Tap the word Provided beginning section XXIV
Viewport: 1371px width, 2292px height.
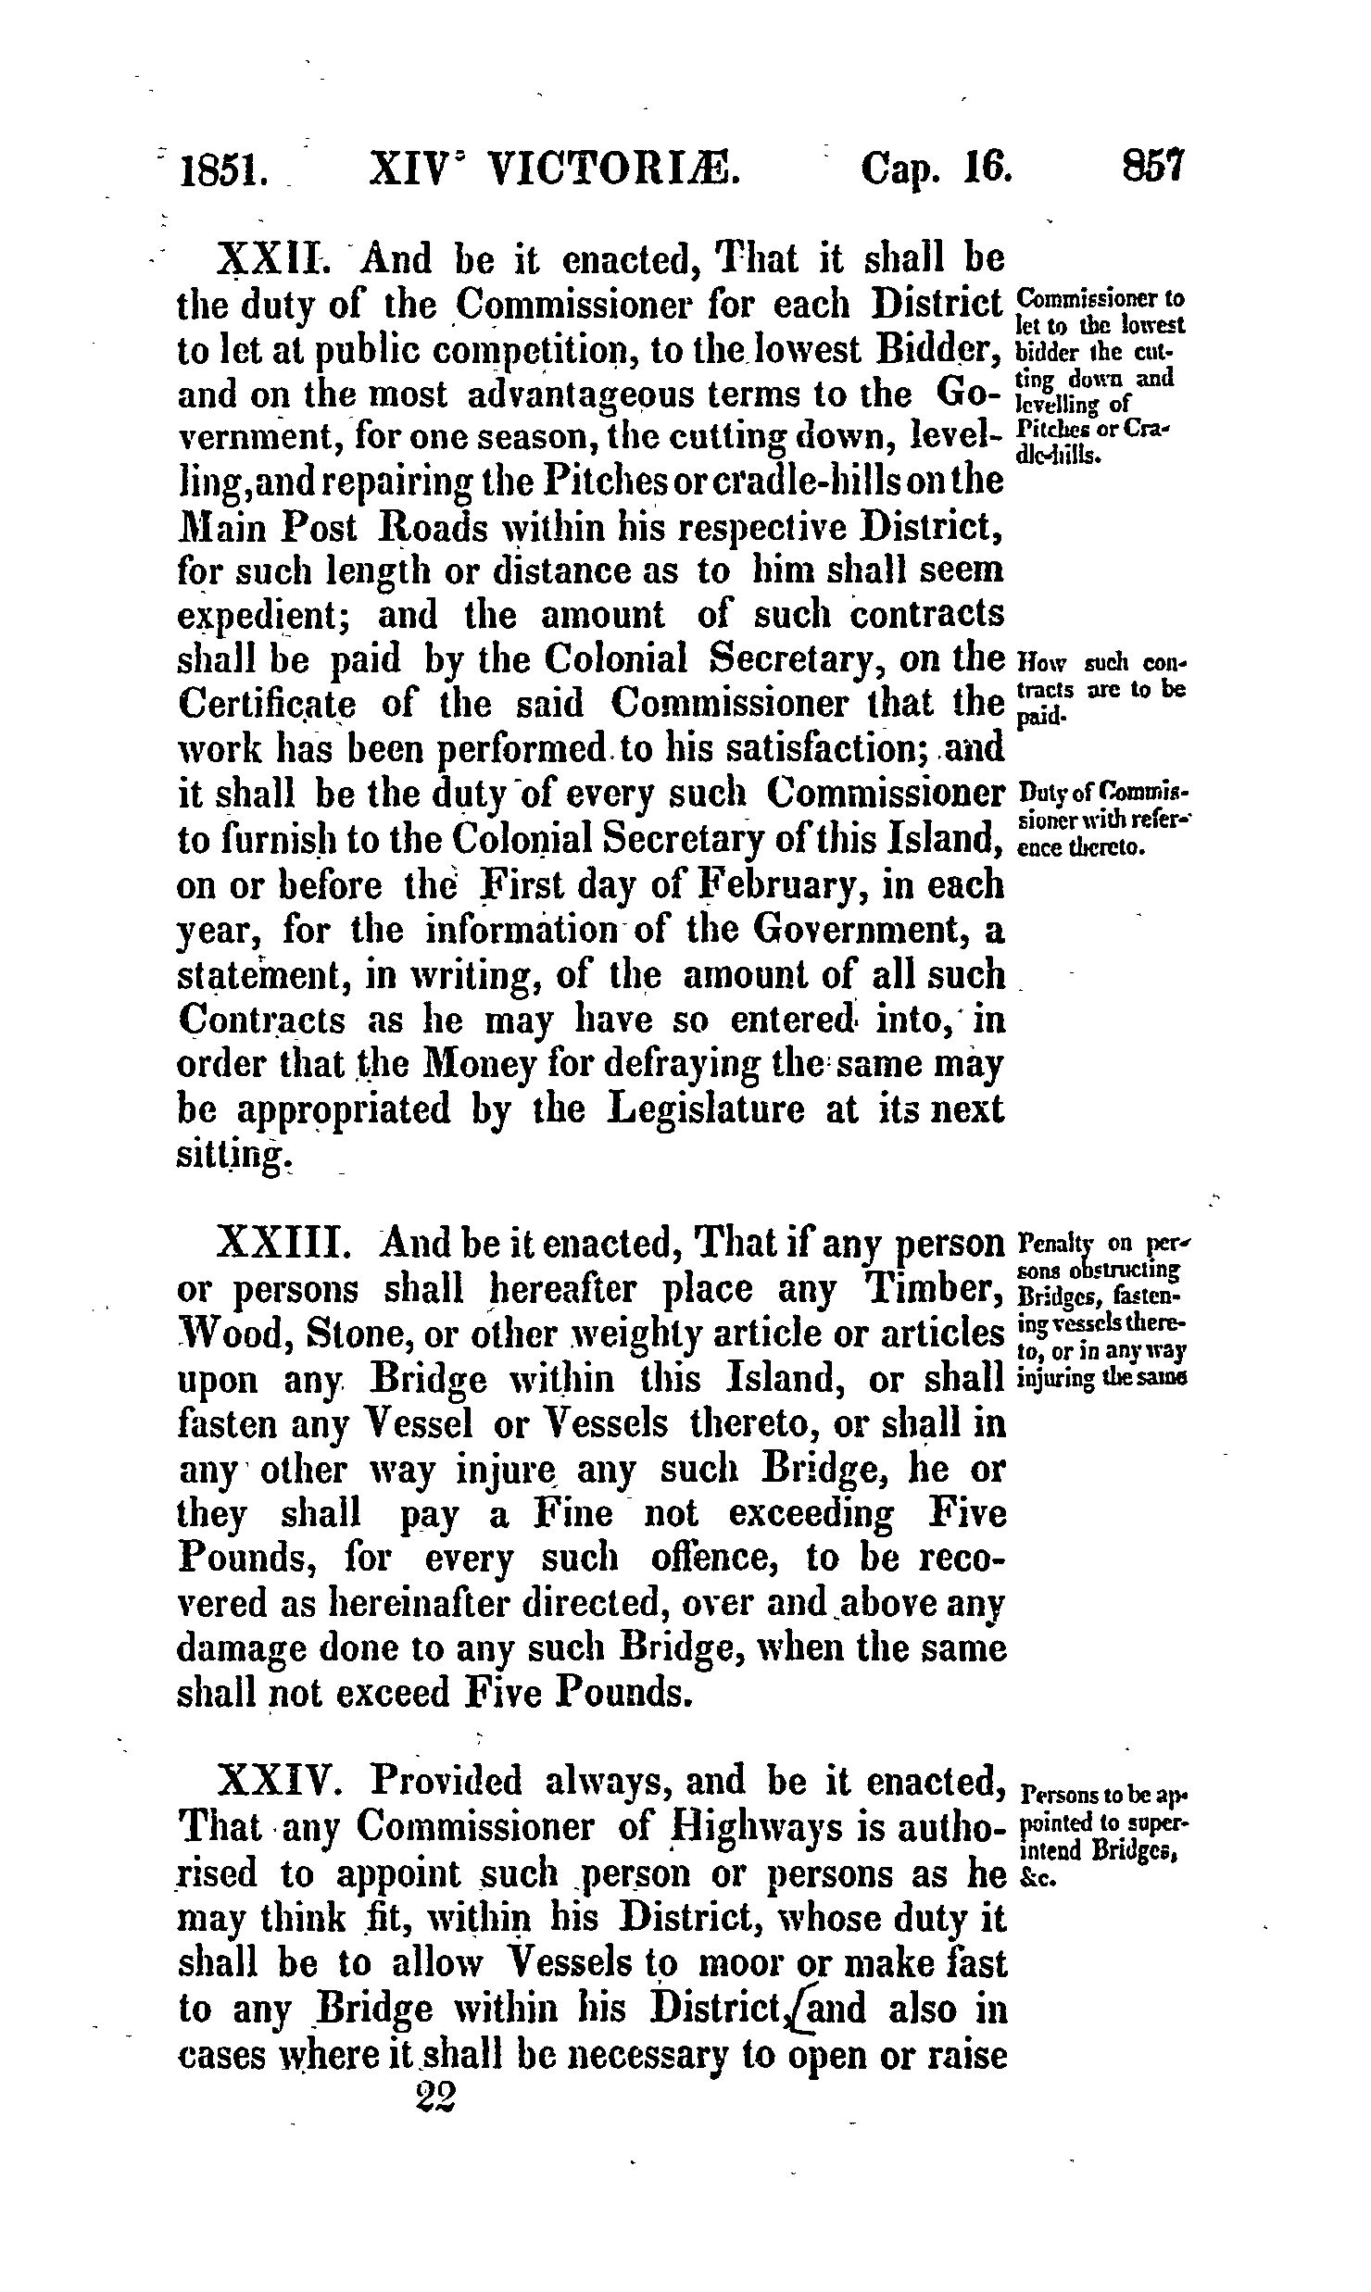pyautogui.click(x=446, y=1780)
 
